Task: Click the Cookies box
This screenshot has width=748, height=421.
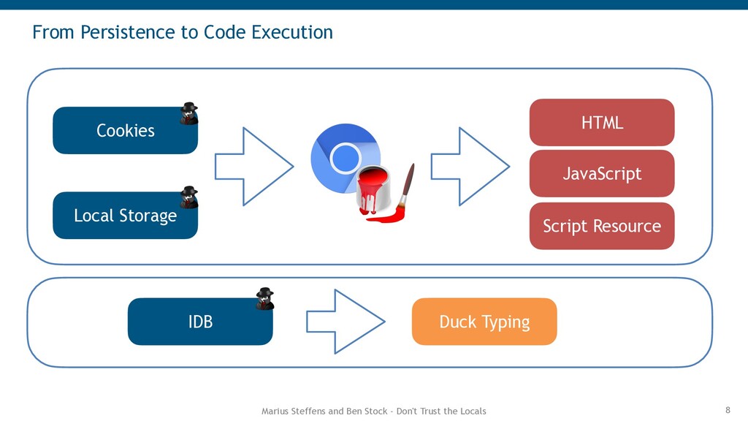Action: (125, 130)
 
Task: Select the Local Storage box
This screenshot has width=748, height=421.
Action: (125, 216)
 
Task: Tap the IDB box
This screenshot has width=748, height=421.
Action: (200, 322)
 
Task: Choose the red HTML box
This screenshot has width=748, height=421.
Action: (602, 123)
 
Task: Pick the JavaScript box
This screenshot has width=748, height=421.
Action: (602, 173)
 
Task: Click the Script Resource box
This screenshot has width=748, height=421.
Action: (602, 226)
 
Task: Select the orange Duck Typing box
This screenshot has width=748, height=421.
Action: (484, 322)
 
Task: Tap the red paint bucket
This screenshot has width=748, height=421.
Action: (374, 190)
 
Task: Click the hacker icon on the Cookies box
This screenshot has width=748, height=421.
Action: (189, 113)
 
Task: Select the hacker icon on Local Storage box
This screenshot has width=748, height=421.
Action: (189, 197)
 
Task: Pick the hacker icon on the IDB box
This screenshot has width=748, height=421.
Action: (264, 299)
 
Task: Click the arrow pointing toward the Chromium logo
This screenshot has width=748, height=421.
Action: (254, 167)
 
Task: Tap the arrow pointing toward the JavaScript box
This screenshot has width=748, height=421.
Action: (470, 167)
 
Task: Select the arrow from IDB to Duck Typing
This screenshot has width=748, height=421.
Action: (346, 322)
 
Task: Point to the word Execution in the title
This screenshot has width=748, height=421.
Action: (292, 32)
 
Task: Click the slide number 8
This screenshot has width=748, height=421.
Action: (728, 410)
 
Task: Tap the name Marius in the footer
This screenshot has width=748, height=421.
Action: (272, 411)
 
